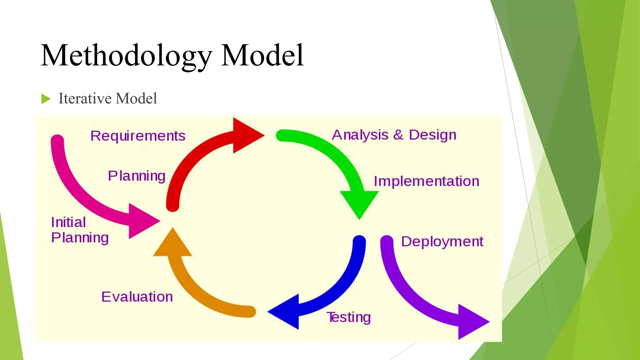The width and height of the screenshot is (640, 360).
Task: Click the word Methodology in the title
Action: (126, 56)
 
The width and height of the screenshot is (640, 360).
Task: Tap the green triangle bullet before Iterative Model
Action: (45, 99)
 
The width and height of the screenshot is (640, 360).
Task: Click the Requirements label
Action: (138, 136)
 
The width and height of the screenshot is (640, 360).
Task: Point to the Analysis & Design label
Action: (394, 135)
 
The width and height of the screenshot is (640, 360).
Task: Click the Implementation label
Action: (426, 181)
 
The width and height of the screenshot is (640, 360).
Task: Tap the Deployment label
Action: (442, 242)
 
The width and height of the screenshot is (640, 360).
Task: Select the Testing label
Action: (349, 317)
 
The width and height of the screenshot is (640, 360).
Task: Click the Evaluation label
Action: (137, 297)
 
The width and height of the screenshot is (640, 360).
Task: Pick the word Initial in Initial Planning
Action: (68, 222)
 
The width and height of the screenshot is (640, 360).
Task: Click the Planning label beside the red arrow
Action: (137, 176)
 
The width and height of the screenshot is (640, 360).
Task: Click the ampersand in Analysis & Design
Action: (398, 135)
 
